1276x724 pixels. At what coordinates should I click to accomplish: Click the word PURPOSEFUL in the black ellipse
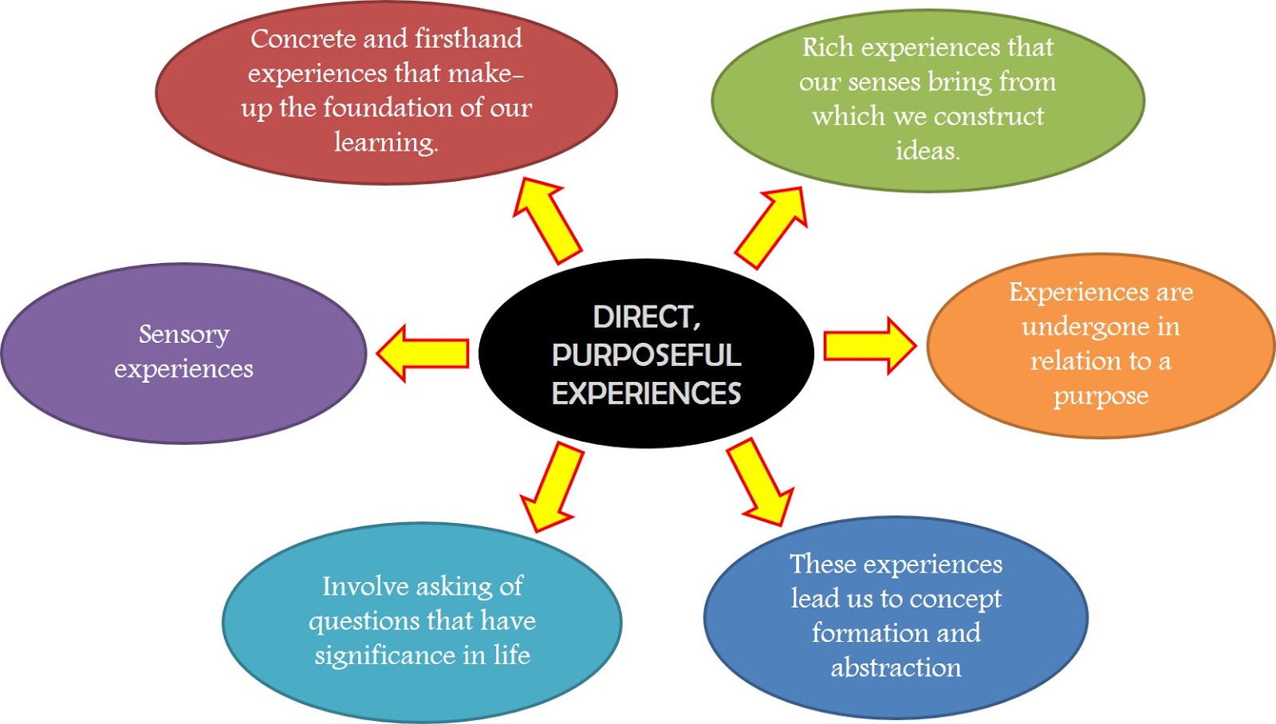tap(646, 356)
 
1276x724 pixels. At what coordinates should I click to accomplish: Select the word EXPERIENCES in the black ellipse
tap(646, 393)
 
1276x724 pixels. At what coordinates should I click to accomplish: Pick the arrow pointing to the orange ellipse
tap(869, 346)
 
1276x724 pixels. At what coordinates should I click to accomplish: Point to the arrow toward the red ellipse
tap(546, 221)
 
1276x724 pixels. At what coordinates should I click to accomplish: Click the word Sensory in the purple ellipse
tap(184, 334)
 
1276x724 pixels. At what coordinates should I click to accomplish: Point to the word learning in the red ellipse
tap(385, 143)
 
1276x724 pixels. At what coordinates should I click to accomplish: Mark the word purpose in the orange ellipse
tap(1101, 395)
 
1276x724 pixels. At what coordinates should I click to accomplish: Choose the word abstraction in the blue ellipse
tap(896, 667)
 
